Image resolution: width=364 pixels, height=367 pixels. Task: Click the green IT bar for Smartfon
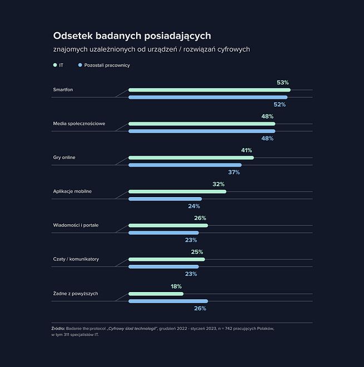point(209,89)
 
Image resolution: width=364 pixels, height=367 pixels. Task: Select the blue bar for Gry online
point(185,165)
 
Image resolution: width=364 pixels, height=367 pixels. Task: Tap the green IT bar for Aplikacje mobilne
point(177,192)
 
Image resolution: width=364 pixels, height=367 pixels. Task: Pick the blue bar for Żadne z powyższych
point(168,301)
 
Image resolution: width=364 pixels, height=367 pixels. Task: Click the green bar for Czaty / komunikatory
point(166,259)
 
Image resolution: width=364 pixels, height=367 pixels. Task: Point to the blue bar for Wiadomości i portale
point(163,233)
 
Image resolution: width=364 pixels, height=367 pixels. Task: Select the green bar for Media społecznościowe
point(201,124)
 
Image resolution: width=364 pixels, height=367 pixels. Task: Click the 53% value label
point(283,83)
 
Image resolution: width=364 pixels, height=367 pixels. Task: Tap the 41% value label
point(246,150)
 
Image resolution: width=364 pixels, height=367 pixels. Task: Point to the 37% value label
point(233,172)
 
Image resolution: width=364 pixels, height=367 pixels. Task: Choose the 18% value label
point(176,286)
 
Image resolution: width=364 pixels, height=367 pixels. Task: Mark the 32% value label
point(218,184)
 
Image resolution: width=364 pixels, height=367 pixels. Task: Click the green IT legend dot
point(54,65)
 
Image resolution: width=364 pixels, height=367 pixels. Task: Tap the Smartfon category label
point(63,89)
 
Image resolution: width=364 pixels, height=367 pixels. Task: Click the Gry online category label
point(64,158)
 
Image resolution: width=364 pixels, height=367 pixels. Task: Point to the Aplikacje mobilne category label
point(72,192)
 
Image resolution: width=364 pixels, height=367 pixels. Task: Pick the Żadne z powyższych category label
point(76,293)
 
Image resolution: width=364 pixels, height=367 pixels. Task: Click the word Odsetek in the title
point(72,36)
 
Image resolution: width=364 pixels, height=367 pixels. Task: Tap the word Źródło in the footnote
point(58,328)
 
